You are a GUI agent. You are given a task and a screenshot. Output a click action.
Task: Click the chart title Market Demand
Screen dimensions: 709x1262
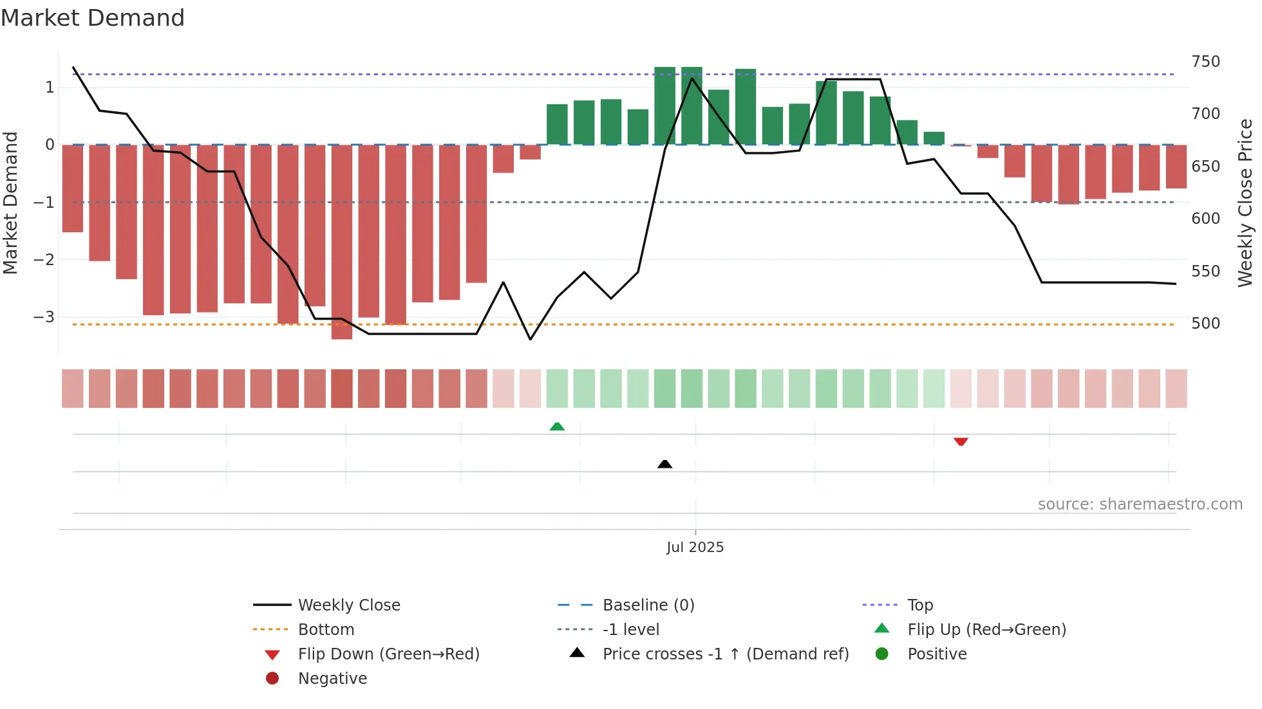pos(93,17)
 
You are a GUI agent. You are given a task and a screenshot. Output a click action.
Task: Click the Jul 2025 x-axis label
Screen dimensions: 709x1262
pos(695,547)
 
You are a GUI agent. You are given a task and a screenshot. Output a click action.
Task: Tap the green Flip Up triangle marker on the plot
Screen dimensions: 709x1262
pos(557,427)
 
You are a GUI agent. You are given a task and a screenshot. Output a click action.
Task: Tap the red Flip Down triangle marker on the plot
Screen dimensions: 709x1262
pos(961,441)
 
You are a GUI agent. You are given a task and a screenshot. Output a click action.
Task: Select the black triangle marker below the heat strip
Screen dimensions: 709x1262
pos(664,464)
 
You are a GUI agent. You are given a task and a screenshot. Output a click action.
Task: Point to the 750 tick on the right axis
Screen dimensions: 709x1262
pos(1205,62)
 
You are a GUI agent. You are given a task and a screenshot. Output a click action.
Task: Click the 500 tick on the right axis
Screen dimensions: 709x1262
pos(1205,323)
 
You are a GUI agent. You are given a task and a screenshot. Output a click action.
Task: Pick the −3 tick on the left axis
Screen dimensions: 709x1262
pos(44,317)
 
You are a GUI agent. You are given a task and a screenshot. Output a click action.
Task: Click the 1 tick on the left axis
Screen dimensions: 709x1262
pos(50,87)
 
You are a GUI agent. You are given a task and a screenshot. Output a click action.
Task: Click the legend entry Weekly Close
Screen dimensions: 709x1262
pos(348,605)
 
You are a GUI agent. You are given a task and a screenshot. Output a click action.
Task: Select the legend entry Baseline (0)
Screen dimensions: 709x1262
pos(648,605)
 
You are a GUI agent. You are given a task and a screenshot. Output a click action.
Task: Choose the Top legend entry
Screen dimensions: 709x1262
pos(919,605)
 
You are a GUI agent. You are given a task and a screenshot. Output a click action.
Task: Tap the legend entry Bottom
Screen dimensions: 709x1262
pos(326,629)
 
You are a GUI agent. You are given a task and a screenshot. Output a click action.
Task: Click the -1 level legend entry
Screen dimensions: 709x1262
pos(630,629)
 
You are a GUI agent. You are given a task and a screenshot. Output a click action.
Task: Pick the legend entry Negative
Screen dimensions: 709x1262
pos(332,678)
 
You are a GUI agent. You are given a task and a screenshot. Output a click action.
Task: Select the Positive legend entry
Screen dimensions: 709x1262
pos(936,654)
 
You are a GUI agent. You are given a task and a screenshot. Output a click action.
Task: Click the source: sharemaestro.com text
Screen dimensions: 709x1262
pos(1140,504)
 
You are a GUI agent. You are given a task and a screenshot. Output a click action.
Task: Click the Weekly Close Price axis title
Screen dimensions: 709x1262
pos(1245,203)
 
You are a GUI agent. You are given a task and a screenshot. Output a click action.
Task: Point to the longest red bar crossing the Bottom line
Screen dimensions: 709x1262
pos(342,241)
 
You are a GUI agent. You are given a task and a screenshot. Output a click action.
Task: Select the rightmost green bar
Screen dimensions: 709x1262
pos(934,138)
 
